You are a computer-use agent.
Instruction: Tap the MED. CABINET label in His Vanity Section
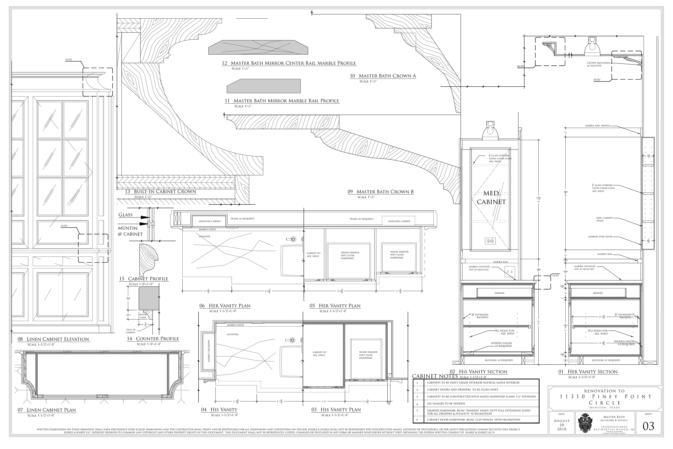coord(491,198)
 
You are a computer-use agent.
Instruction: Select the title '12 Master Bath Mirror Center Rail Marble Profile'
coord(289,63)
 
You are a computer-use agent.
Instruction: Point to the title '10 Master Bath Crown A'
coord(383,76)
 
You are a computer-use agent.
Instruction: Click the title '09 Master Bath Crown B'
coord(380,192)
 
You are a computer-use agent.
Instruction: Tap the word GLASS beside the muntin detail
coord(126,215)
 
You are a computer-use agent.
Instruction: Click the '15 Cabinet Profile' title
coord(144,279)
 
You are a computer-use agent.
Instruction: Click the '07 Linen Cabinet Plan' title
coord(47,410)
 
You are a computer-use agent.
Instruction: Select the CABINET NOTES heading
coord(435,376)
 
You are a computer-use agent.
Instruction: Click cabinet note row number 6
coord(417,420)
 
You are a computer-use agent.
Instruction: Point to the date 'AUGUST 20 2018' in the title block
coord(562,425)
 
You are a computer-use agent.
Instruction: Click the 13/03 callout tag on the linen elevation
coord(68,60)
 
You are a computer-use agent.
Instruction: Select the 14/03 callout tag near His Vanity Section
coord(555,276)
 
